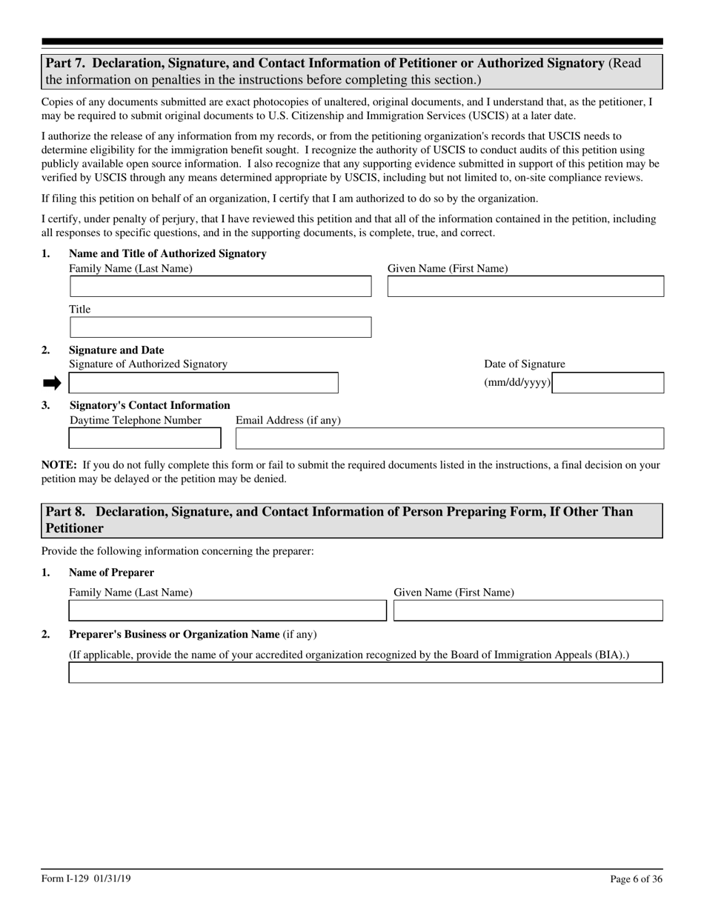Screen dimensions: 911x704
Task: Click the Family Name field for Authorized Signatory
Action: (220, 287)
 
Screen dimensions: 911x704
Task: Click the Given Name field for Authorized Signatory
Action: (525, 287)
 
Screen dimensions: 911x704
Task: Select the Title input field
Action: (220, 327)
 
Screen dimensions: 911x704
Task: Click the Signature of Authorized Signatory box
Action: (203, 383)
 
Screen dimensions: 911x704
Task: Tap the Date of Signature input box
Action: (608, 383)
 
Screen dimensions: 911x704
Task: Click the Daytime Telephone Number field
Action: (145, 438)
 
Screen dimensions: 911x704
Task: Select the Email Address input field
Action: (449, 438)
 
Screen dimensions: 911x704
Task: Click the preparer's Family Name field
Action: (228, 610)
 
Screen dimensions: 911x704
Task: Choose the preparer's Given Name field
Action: (528, 610)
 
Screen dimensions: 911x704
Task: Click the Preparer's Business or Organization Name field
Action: (365, 673)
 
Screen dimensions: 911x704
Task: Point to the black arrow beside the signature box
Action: (52, 383)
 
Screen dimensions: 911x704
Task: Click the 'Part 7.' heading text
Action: (67, 64)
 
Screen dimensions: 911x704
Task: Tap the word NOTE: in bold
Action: (59, 465)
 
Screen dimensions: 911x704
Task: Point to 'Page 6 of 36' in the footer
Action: (636, 879)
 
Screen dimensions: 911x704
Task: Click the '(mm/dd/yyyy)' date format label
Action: (517, 383)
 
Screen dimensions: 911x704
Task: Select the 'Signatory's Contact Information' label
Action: (150, 405)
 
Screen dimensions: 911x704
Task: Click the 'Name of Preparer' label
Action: (111, 573)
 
